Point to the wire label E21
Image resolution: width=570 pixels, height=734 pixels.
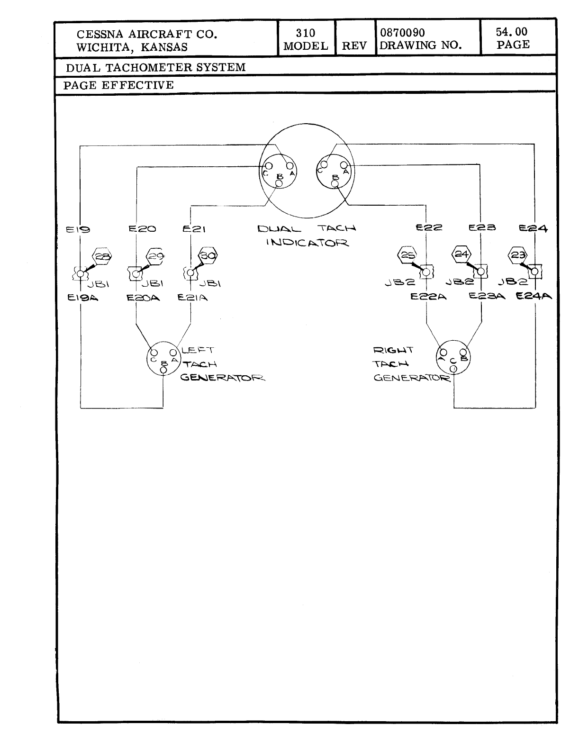(194, 229)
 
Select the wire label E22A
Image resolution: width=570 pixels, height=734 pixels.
(428, 297)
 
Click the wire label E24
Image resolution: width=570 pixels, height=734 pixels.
(533, 228)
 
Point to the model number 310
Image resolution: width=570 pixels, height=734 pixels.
(305, 33)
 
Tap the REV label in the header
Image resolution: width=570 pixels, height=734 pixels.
(354, 46)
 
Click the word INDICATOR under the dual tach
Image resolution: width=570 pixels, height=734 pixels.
(308, 243)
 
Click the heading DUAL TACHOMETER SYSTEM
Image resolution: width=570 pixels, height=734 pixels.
(156, 67)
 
